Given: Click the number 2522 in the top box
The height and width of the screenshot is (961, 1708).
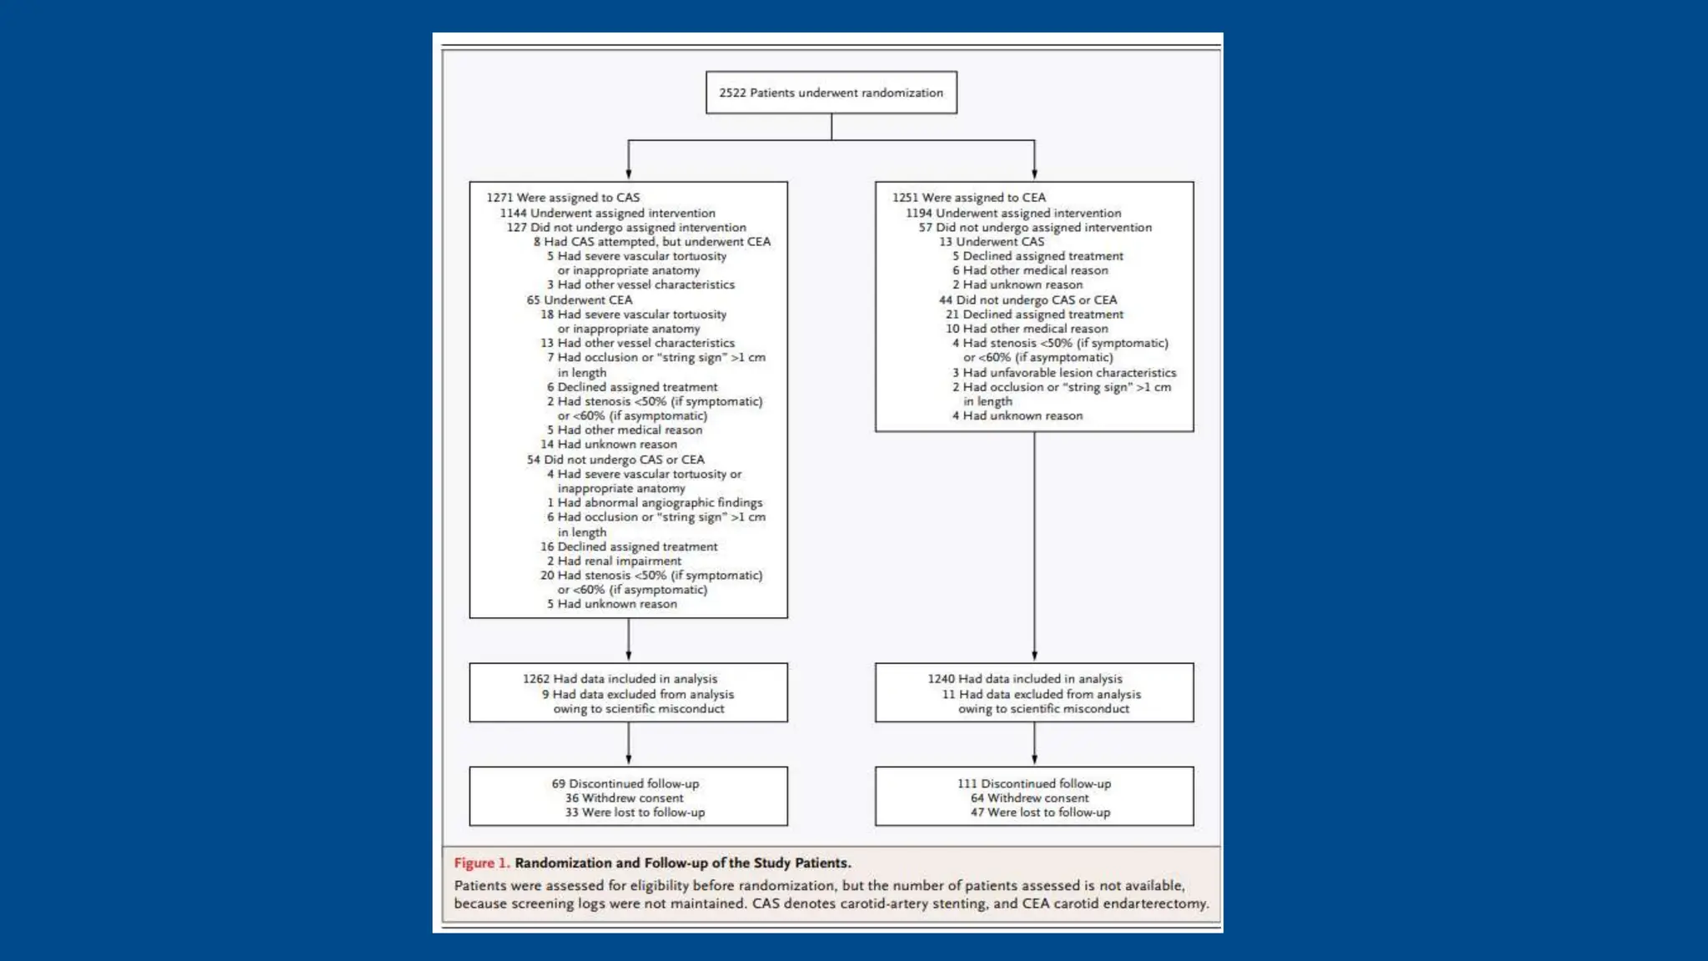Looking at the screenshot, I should click(x=732, y=93).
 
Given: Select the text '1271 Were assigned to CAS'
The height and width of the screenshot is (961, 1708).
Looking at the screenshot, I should click(x=563, y=198).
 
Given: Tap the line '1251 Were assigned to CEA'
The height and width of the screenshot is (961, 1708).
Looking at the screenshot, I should click(x=968, y=198).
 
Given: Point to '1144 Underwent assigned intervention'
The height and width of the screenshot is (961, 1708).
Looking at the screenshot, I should click(x=607, y=213).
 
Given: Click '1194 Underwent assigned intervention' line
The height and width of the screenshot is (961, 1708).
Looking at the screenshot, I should click(x=1013, y=213).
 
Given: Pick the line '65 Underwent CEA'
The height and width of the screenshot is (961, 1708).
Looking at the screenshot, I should click(x=579, y=299).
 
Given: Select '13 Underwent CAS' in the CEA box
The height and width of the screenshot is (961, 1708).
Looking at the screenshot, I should click(x=991, y=241).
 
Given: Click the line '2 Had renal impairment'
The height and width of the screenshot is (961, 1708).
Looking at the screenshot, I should click(x=614, y=561).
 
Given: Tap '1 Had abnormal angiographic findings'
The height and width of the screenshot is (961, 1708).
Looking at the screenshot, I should click(x=654, y=502).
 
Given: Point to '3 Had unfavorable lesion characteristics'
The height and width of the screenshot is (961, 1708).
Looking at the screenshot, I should click(x=1064, y=372).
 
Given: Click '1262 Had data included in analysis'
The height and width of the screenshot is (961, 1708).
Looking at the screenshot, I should click(x=620, y=679).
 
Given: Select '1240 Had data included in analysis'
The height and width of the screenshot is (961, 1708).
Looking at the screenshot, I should click(x=1025, y=679).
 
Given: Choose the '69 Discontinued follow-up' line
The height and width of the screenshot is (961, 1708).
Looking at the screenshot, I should click(x=625, y=783).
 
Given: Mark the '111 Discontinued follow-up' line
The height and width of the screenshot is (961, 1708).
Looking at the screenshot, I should click(x=1033, y=783).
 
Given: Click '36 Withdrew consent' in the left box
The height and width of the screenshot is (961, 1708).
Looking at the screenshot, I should click(x=624, y=797).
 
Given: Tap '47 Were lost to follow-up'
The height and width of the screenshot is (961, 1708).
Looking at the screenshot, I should click(x=1040, y=812).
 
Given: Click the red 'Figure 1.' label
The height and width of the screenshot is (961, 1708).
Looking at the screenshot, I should click(x=481, y=863).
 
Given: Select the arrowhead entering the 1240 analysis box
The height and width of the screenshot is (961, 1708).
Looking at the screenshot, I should click(x=1034, y=657).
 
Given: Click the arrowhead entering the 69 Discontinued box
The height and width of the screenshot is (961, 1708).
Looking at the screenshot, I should click(x=628, y=760).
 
